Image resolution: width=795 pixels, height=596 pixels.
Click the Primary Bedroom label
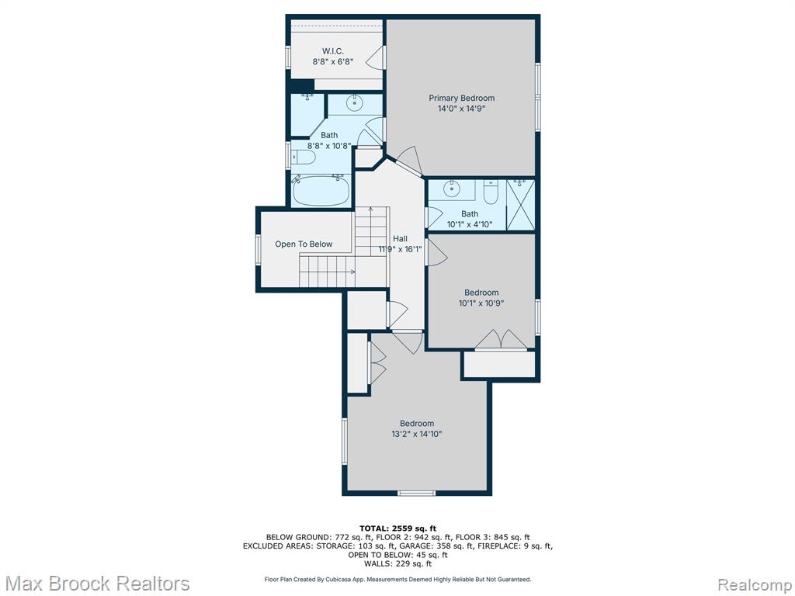point(461,98)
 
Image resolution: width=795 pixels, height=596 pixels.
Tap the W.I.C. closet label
point(332,51)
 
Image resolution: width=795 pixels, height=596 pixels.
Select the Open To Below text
point(304,244)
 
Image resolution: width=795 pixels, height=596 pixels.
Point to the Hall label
point(400,239)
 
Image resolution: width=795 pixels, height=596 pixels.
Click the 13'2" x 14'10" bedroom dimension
point(417,434)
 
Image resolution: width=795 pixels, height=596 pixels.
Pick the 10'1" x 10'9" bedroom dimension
point(481,303)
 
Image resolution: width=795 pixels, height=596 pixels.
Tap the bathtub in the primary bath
point(321,190)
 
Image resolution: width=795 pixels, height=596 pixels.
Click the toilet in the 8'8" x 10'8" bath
point(304,157)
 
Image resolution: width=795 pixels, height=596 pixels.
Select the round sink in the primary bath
point(354,103)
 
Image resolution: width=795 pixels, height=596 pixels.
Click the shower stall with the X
point(521,205)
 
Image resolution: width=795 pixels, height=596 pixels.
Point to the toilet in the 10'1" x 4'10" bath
point(491,192)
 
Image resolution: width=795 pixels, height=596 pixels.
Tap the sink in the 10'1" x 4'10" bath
point(451,189)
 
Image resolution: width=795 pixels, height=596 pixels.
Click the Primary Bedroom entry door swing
point(410,162)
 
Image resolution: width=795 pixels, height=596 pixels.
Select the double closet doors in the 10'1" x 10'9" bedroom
point(501,340)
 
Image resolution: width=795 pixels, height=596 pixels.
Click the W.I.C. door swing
point(375,57)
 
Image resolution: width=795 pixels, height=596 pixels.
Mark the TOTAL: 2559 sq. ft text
point(397,528)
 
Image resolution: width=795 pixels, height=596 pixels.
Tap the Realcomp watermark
point(754,584)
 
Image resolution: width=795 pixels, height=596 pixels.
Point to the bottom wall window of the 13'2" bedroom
point(416,493)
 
